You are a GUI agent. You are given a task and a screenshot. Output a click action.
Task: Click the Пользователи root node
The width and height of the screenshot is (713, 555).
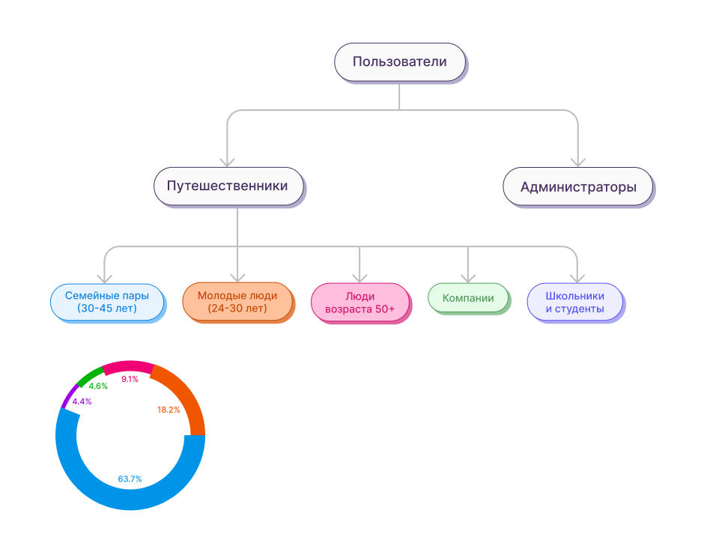click(399, 62)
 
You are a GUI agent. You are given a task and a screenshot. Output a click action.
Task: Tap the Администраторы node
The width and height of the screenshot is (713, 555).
click(577, 186)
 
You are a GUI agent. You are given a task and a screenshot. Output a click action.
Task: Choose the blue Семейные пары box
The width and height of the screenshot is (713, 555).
click(106, 302)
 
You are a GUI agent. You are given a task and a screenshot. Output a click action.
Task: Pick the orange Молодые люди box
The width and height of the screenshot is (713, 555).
click(237, 302)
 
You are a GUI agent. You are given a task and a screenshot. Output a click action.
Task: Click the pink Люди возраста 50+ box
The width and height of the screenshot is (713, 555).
click(359, 302)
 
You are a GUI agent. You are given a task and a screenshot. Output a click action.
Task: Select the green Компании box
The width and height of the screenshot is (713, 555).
click(468, 298)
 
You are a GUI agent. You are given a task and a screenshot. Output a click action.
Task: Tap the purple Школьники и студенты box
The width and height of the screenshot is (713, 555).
click(574, 302)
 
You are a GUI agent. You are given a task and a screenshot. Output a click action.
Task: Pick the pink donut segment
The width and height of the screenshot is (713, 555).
click(128, 367)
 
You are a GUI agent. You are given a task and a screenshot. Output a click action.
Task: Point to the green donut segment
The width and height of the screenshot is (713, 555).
click(90, 375)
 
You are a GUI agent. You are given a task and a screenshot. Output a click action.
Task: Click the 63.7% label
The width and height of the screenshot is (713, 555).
click(130, 479)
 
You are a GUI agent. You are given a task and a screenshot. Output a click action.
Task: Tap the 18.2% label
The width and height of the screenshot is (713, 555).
click(169, 410)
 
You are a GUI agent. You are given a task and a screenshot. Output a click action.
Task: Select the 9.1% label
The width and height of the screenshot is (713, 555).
click(130, 379)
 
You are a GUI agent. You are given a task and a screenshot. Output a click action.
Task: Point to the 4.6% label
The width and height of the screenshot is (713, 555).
click(98, 386)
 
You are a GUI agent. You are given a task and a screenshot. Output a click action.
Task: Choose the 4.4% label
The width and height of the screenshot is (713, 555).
click(82, 401)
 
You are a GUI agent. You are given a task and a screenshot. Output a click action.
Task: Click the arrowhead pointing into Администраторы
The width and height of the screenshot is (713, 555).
click(577, 161)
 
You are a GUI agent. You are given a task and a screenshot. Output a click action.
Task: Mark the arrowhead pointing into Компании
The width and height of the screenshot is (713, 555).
click(468, 277)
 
